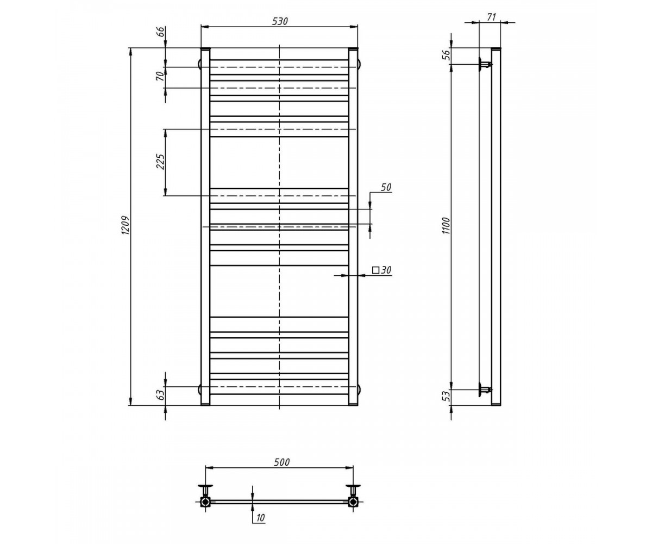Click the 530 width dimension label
tap(280, 21)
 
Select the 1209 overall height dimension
tap(126, 225)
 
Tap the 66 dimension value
tap(160, 33)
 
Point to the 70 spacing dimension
tap(160, 77)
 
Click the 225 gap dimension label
tap(160, 162)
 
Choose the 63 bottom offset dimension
tap(160, 395)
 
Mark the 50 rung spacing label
tap(386, 187)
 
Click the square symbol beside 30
tap(377, 270)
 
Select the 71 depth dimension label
tap(491, 17)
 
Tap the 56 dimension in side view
tap(447, 55)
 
